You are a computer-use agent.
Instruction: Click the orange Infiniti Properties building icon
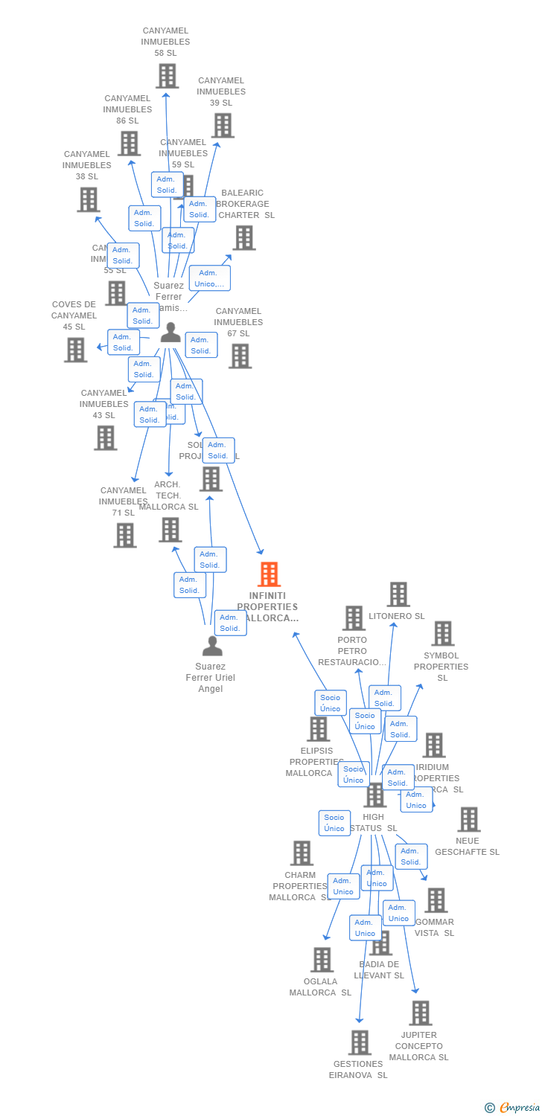[x=269, y=574]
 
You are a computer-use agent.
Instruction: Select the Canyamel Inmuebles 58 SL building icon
[x=168, y=76]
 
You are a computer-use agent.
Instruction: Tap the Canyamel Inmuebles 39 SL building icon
[x=223, y=126]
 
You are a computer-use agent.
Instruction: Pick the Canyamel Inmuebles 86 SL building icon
[x=129, y=144]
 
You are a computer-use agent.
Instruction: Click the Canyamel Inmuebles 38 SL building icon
[x=89, y=199]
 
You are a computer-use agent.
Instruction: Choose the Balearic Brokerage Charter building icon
[x=244, y=238]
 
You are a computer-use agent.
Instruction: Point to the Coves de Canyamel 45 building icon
[x=76, y=350]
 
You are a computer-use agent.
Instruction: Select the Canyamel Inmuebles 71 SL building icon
[x=125, y=535]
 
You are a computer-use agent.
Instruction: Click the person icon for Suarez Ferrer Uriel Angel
[x=212, y=646]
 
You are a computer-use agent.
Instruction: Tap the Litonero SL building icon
[x=398, y=594]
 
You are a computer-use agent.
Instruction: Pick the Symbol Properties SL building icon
[x=443, y=634]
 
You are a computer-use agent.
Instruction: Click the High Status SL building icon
[x=374, y=795]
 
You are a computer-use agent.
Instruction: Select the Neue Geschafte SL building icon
[x=469, y=819]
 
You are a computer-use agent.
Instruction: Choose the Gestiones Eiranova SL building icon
[x=360, y=1042]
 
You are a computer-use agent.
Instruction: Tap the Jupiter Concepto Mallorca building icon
[x=421, y=1013]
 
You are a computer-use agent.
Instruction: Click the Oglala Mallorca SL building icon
[x=322, y=960]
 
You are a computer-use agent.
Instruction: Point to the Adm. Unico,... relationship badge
[x=209, y=278]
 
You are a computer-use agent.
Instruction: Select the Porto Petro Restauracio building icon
[x=354, y=618]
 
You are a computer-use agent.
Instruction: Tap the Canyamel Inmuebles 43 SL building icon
[x=106, y=438]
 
